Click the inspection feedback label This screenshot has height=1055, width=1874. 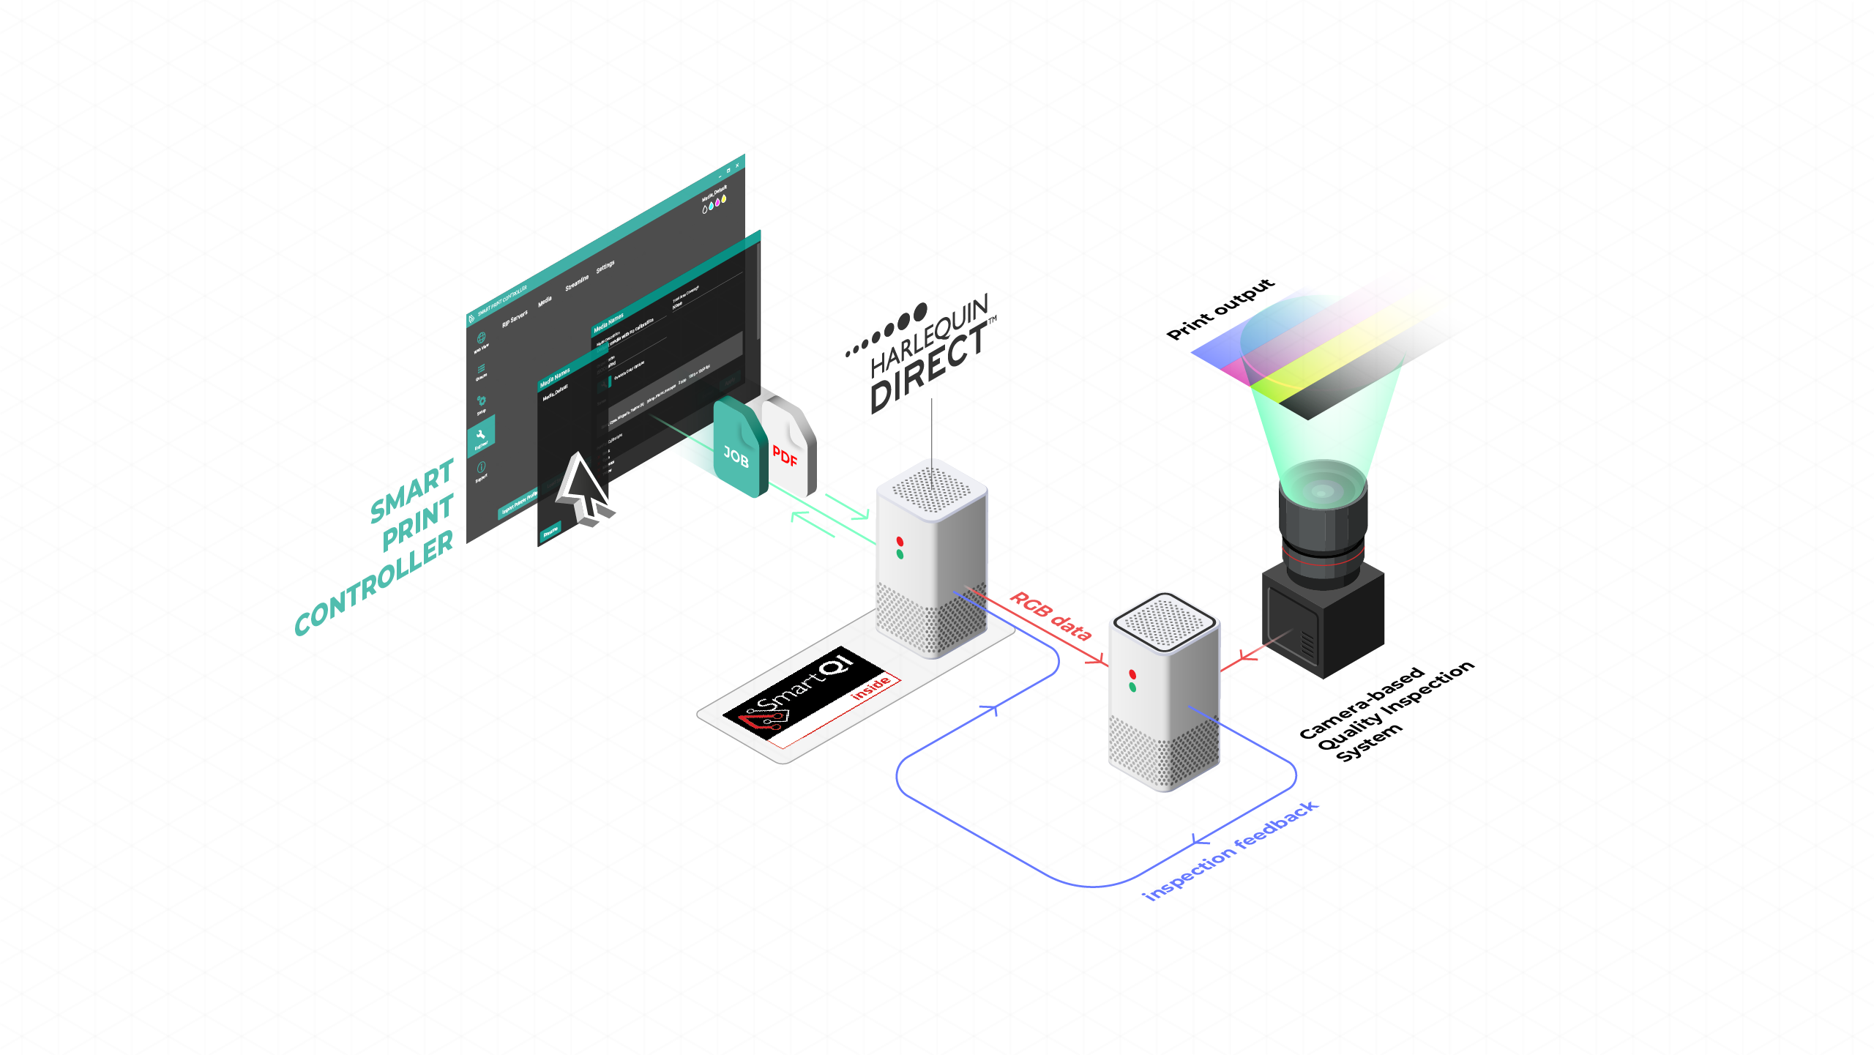coord(1231,851)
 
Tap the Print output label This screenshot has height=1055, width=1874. coord(1220,309)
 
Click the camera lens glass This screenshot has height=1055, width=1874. coord(1323,489)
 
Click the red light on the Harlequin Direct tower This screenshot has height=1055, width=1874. coord(900,541)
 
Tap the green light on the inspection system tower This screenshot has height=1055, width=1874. coord(1132,687)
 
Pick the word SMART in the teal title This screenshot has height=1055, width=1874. coord(412,491)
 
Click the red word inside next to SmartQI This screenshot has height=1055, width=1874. coord(870,688)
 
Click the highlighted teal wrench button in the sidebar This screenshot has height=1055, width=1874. coord(481,435)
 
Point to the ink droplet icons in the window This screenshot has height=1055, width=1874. coord(714,204)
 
